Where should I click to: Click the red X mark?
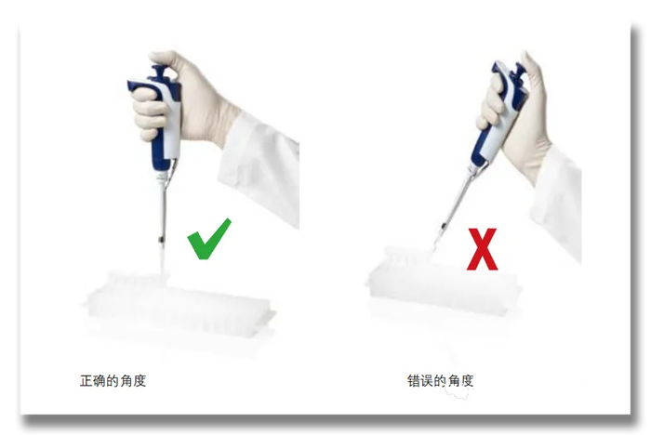[x=482, y=249]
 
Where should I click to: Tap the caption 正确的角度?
[x=113, y=381]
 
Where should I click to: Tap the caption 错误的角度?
[x=441, y=381]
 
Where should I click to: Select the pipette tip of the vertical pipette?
[x=163, y=261]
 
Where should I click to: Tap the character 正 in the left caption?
[x=86, y=381]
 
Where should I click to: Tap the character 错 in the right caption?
[x=414, y=381]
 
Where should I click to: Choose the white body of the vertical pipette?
[x=171, y=125]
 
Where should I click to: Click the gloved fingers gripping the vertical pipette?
[x=147, y=112]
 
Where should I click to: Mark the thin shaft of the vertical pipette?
[x=163, y=212]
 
